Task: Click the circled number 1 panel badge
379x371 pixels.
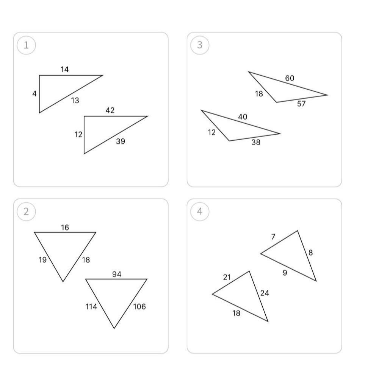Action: [26, 45]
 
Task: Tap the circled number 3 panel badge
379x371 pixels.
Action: [200, 45]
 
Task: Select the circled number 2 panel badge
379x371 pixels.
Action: [26, 211]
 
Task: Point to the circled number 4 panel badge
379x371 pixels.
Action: [200, 211]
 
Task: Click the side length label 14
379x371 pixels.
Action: [64, 70]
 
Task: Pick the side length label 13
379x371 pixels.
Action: [75, 100]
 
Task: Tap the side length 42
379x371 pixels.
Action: [110, 110]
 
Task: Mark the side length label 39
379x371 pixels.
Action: [121, 141]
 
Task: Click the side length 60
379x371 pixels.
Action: [290, 78]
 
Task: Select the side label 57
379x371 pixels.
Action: [301, 104]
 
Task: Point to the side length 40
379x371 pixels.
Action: [243, 117]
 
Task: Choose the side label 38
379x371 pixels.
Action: [256, 142]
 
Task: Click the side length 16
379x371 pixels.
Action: [65, 227]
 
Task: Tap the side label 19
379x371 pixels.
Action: [42, 260]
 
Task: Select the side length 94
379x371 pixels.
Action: [117, 274]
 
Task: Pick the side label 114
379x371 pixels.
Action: [91, 307]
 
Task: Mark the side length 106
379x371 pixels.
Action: [139, 307]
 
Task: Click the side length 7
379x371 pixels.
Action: [273, 237]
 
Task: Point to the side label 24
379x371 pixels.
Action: [265, 293]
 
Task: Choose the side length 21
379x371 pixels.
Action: [227, 278]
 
